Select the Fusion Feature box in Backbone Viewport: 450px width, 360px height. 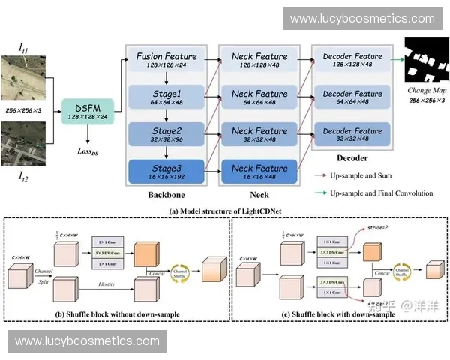click(x=166, y=61)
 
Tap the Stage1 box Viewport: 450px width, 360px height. click(x=166, y=97)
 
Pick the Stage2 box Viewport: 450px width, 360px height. click(x=166, y=135)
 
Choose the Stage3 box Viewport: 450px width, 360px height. click(x=166, y=172)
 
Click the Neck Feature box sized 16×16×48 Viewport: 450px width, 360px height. click(x=259, y=172)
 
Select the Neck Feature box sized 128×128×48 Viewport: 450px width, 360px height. click(x=259, y=61)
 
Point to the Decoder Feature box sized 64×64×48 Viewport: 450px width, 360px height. click(x=352, y=97)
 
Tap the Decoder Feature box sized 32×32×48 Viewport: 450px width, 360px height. click(x=352, y=135)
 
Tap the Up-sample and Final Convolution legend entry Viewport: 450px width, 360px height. click(x=383, y=193)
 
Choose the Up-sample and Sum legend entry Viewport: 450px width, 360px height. click(x=364, y=176)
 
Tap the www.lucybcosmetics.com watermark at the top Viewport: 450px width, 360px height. click(x=362, y=18)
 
